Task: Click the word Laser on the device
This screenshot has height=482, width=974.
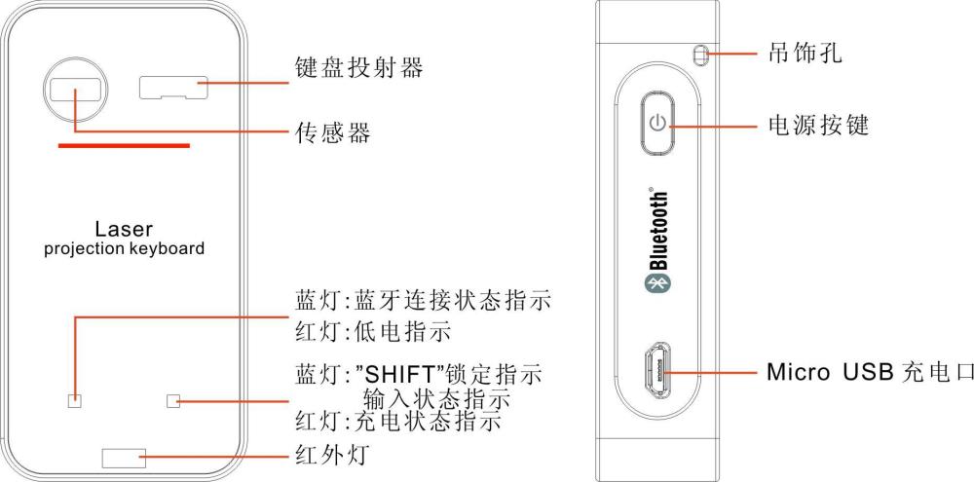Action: pos(124,230)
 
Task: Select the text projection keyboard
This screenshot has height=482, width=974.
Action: pos(124,248)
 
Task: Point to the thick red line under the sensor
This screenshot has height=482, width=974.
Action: pos(124,146)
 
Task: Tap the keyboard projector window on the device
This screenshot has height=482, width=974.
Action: pos(174,87)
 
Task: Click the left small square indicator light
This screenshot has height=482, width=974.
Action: pos(74,400)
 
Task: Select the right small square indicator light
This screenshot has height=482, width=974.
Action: pos(174,400)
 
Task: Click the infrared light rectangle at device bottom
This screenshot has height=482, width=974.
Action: pos(124,457)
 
